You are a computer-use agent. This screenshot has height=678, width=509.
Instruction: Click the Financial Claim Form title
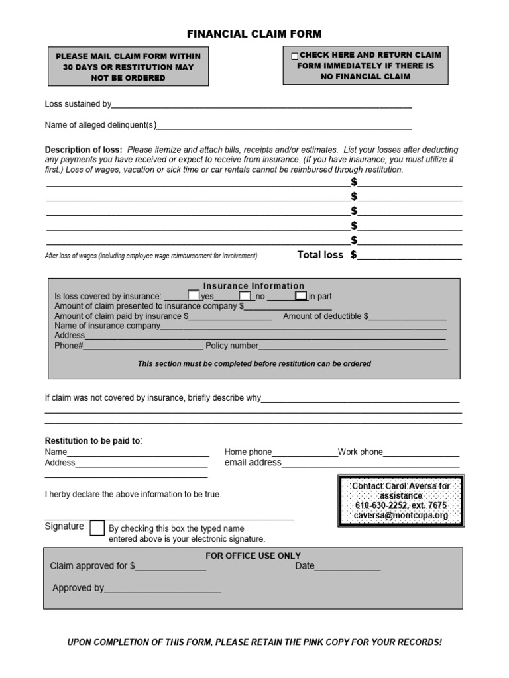(x=254, y=34)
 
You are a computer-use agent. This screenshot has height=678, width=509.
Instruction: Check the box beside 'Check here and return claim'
(x=295, y=56)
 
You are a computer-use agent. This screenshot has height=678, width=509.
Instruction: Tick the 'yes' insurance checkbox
(x=194, y=295)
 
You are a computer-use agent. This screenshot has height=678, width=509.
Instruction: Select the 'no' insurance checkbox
(x=245, y=295)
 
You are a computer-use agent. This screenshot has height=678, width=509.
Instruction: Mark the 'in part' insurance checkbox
(x=301, y=295)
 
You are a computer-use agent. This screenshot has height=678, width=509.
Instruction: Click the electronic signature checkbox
(x=97, y=528)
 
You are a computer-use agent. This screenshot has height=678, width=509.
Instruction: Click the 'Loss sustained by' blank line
(x=262, y=105)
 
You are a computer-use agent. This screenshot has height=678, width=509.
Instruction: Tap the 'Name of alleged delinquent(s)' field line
(x=284, y=126)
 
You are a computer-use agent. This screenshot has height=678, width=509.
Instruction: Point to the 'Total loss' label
(x=320, y=255)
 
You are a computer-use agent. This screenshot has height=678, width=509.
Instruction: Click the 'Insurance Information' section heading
(x=254, y=286)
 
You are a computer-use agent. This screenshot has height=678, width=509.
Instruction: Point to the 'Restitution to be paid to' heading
(x=93, y=441)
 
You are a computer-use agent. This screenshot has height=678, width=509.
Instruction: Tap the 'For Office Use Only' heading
(x=253, y=556)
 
